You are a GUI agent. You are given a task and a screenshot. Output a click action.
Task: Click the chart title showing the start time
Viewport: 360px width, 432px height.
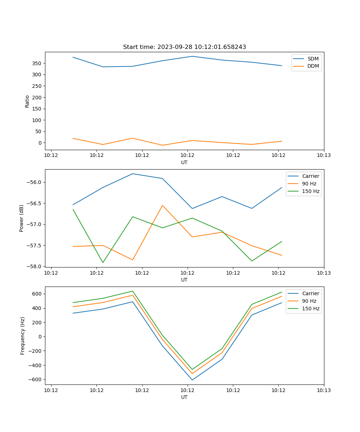coord(184,47)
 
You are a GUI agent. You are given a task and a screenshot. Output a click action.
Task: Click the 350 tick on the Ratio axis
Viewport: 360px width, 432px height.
coord(37,63)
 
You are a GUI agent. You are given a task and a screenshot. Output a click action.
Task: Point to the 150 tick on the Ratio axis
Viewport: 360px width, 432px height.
coord(37,109)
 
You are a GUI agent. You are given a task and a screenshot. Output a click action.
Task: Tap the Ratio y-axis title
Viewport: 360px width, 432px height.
coord(27,101)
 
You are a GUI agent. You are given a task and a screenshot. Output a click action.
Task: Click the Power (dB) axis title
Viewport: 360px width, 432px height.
coord(22,218)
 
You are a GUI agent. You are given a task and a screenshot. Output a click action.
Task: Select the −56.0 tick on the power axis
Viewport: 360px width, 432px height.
coord(35,182)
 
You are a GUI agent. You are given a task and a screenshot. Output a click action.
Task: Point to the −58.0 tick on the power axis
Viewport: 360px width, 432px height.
coord(35,266)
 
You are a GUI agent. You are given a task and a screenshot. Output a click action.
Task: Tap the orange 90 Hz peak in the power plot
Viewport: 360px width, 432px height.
coord(162,206)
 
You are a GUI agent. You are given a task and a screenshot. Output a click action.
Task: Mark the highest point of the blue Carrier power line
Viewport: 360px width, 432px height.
coord(132,174)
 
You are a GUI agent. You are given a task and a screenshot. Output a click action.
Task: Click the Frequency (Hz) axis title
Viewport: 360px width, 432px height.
coord(22,336)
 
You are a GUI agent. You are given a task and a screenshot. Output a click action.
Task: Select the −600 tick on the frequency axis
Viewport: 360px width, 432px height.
coord(36,379)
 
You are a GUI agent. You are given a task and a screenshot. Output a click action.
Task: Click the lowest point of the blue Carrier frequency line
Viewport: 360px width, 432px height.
coord(192,380)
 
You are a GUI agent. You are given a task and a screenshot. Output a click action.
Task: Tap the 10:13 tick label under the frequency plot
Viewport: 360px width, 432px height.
coord(324,390)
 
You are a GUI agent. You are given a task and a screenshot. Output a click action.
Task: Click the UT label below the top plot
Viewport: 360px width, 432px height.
coord(184,162)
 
